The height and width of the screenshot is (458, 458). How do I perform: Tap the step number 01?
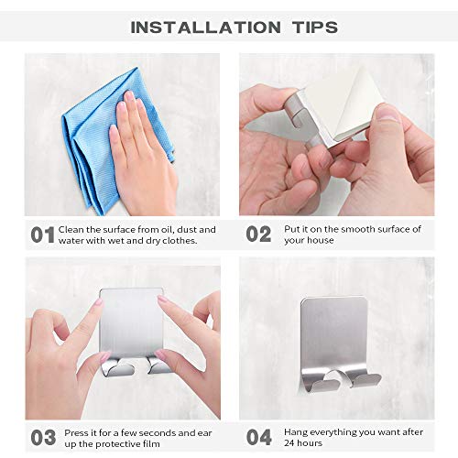pyautogui.click(x=42, y=235)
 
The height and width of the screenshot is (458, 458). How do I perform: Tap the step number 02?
pyautogui.click(x=258, y=235)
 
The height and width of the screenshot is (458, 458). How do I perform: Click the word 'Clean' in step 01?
pyautogui.click(x=71, y=229)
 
